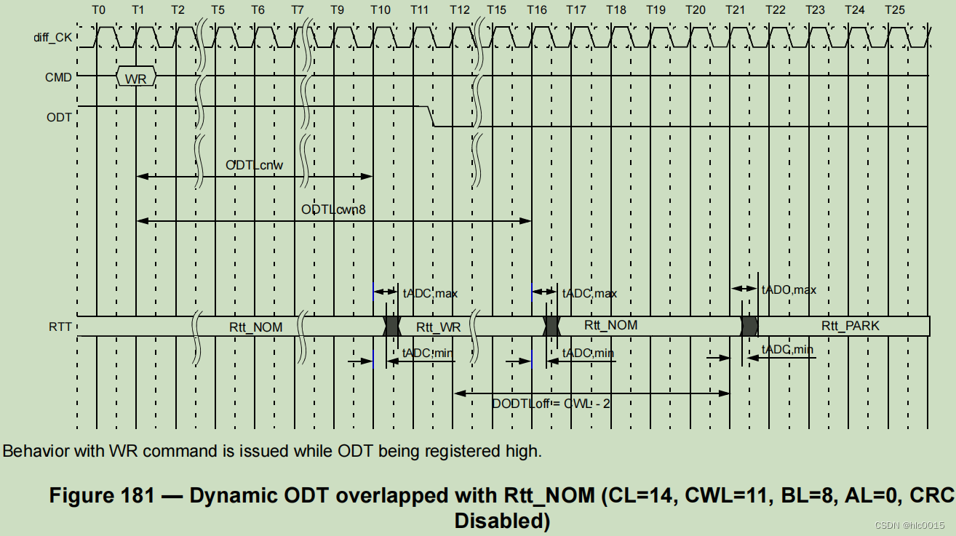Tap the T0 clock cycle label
(x=100, y=10)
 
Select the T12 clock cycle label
(x=460, y=10)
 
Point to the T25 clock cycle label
(x=895, y=10)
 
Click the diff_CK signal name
(x=54, y=36)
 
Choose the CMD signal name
(x=58, y=76)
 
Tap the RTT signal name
(x=60, y=327)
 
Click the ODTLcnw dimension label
(x=254, y=165)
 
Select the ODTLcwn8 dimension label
(x=333, y=209)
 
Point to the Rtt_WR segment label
(x=438, y=327)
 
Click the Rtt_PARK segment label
(x=850, y=326)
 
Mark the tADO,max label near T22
(x=789, y=289)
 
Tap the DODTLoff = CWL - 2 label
(x=551, y=403)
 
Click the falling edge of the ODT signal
(x=430, y=116)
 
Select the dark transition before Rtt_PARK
(x=749, y=326)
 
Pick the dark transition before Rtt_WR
(x=392, y=326)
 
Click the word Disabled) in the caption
(x=502, y=521)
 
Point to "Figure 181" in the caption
(x=102, y=496)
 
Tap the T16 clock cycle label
(x=537, y=10)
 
